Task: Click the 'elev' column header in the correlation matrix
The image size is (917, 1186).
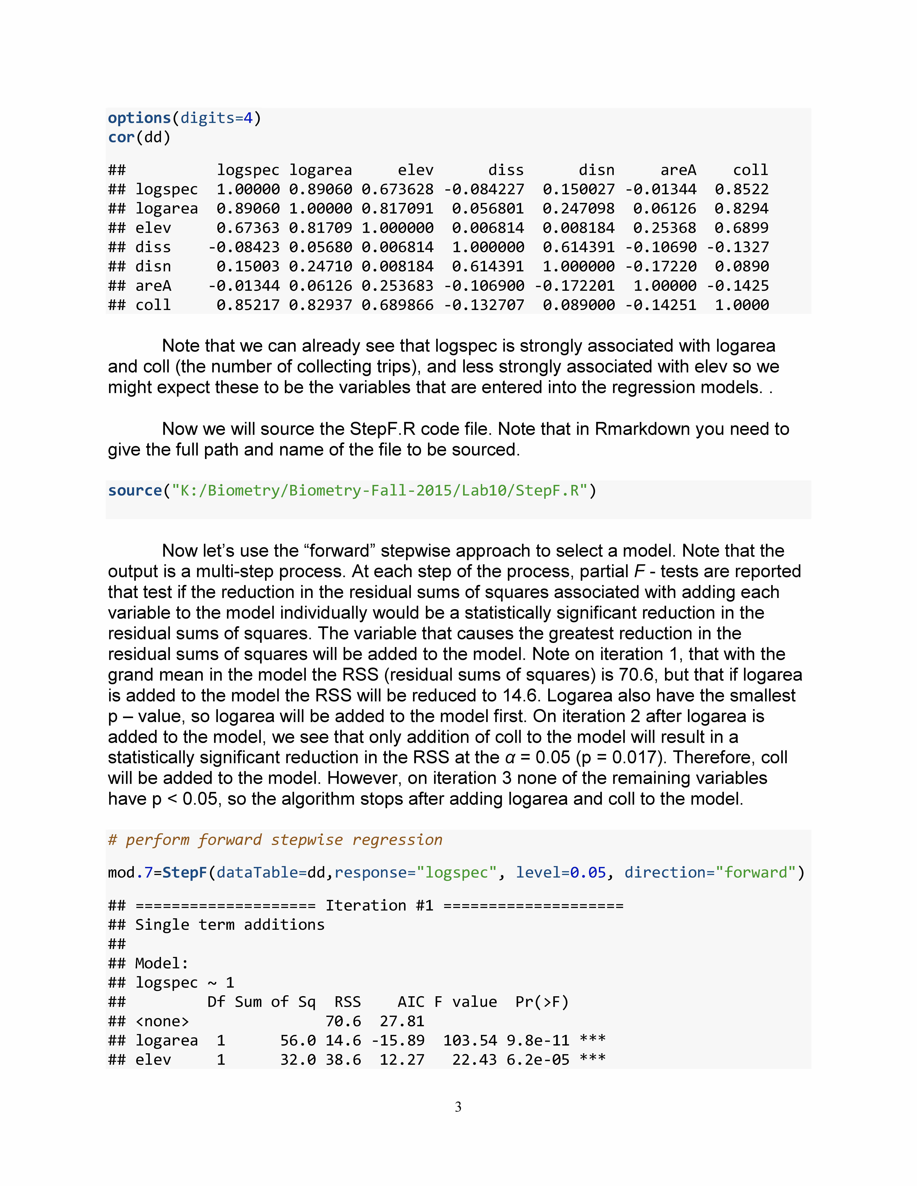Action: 416,170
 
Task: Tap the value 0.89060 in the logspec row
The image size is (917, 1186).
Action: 321,189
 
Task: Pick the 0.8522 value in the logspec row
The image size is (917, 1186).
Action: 742,189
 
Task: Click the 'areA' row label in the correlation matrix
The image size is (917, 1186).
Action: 153,286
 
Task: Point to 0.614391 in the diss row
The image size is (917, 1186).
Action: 578,247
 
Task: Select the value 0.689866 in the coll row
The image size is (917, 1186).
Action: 398,305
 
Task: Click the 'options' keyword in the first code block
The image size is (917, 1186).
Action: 139,118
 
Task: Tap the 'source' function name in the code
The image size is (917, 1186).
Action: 135,490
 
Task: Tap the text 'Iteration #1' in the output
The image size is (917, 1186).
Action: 379,905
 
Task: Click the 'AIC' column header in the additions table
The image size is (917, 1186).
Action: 411,1002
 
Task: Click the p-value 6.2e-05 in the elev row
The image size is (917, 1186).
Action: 538,1060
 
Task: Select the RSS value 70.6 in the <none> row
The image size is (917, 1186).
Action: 343,1021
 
